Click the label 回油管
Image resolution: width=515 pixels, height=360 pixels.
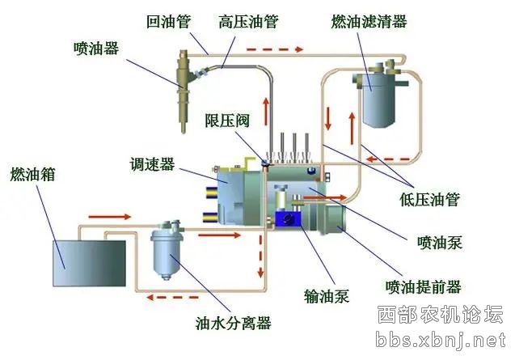tap(168, 22)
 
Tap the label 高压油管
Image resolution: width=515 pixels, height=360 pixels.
tap(249, 22)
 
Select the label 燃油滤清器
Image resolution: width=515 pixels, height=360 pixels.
tap(369, 22)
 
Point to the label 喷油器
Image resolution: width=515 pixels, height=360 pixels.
tap(96, 49)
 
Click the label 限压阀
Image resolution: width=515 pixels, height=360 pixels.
tap(227, 121)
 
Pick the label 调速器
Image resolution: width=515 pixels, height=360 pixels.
tap(152, 164)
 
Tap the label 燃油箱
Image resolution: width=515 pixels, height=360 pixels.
tap(32, 174)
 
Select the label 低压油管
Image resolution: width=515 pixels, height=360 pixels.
tap(429, 200)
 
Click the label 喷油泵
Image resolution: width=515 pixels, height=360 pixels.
tap(440, 243)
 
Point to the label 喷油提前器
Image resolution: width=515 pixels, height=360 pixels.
tap(424, 287)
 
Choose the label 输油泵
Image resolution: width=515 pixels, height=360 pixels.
tap(327, 295)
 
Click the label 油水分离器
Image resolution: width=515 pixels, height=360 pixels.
tap(233, 323)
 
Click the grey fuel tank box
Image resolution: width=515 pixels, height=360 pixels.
tap(89, 264)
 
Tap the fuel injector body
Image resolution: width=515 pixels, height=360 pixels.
tap(184, 91)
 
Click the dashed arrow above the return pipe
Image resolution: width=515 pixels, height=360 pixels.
tap(275, 49)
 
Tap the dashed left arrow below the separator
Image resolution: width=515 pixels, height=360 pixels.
tap(173, 298)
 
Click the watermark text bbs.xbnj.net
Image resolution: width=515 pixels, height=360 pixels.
tap(441, 340)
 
